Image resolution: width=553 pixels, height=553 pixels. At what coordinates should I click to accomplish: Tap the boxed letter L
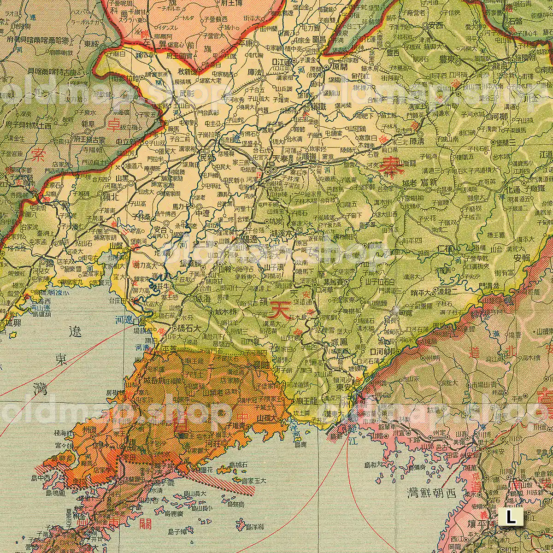[x=511, y=517]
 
